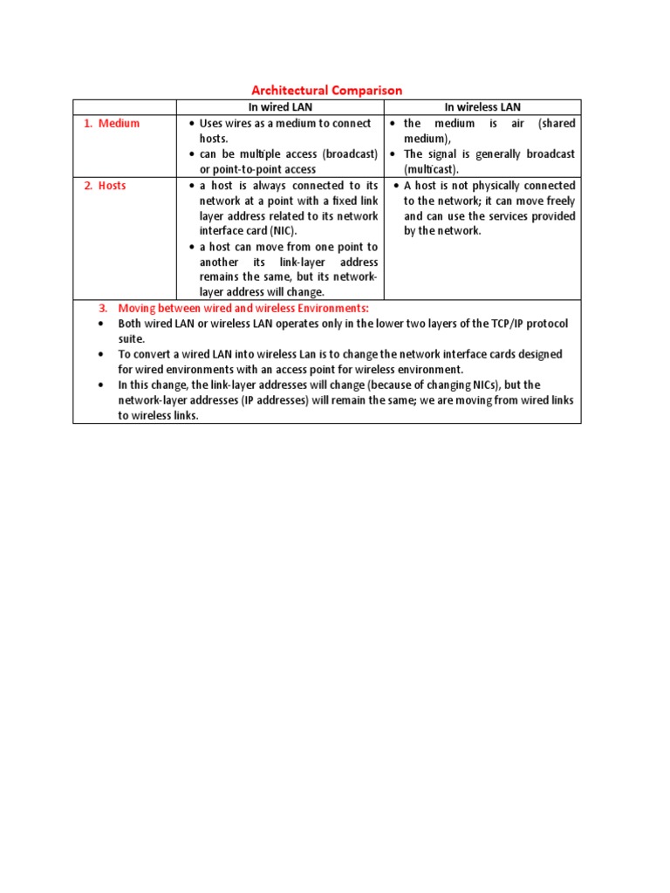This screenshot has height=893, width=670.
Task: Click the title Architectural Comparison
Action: (327, 90)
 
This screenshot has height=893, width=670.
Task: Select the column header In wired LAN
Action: (280, 107)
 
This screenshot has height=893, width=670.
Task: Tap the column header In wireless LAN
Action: (482, 107)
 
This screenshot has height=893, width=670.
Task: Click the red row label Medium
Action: (119, 124)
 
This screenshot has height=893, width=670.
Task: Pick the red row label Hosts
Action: (112, 186)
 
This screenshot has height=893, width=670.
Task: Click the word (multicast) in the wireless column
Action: (430, 169)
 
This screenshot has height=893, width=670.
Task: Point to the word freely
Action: (557, 201)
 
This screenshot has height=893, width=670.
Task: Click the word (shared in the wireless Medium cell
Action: (557, 124)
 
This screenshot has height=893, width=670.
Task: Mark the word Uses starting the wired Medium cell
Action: (213, 124)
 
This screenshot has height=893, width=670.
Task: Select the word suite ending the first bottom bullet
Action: (132, 338)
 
